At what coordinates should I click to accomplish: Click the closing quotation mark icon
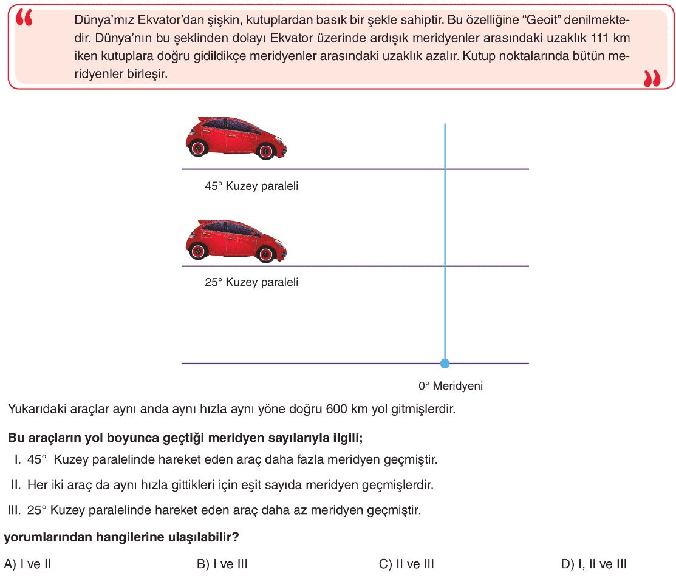pyautogui.click(x=651, y=78)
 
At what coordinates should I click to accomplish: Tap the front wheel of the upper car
pyautogui.click(x=198, y=148)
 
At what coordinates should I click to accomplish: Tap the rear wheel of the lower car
pyautogui.click(x=266, y=252)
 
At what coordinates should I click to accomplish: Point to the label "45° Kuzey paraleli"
pyautogui.click(x=251, y=186)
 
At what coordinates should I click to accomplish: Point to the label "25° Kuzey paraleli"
pyautogui.click(x=251, y=283)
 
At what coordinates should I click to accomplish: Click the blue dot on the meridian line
pyautogui.click(x=445, y=364)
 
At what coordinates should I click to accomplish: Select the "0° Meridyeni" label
pyautogui.click(x=450, y=385)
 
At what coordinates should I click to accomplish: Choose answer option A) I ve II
pyautogui.click(x=27, y=564)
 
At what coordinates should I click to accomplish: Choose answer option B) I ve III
pyautogui.click(x=222, y=564)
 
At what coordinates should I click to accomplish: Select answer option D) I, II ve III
pyautogui.click(x=593, y=564)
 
